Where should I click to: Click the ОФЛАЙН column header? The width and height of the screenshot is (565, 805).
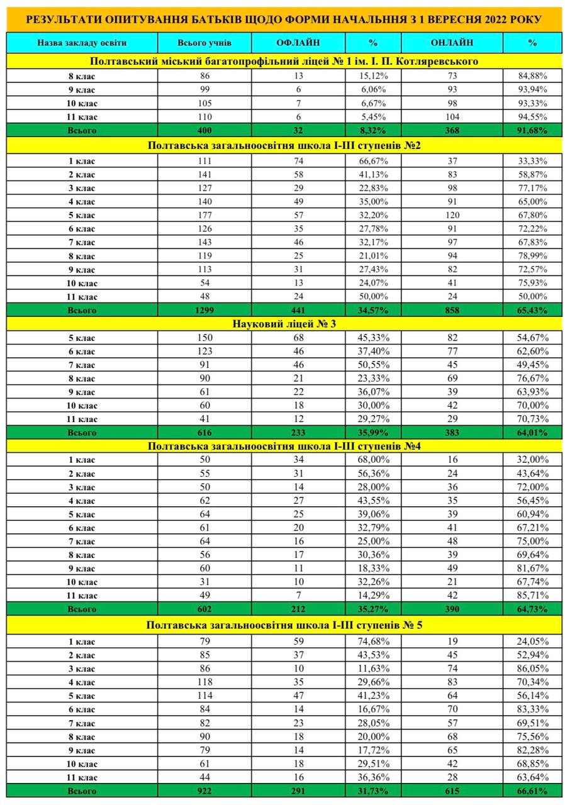pyautogui.click(x=298, y=43)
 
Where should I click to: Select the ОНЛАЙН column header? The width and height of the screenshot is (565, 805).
pyautogui.click(x=452, y=43)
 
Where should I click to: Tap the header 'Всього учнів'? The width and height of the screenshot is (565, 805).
pyautogui.click(x=204, y=43)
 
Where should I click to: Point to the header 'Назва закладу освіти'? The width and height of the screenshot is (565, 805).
pyautogui.click(x=82, y=43)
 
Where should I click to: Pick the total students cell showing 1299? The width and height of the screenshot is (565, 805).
pyautogui.click(x=204, y=310)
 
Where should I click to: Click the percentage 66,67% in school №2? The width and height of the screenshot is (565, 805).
pyautogui.click(x=373, y=161)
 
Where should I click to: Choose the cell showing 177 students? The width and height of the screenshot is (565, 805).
pyautogui.click(x=204, y=215)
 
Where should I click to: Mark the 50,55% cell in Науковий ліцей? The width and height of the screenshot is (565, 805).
pyautogui.click(x=373, y=365)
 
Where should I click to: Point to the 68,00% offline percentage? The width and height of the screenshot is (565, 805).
pyautogui.click(x=373, y=460)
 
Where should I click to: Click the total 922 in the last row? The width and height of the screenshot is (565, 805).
pyautogui.click(x=204, y=791)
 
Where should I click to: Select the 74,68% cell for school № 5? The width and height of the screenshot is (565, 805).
pyautogui.click(x=373, y=641)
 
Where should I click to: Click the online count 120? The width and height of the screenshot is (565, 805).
pyautogui.click(x=452, y=215)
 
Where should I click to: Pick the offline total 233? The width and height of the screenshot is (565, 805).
pyautogui.click(x=298, y=433)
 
